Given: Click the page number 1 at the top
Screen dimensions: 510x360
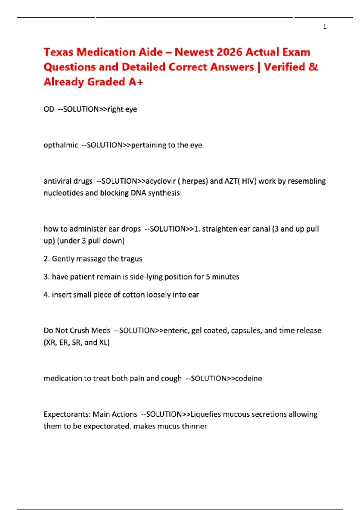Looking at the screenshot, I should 325,27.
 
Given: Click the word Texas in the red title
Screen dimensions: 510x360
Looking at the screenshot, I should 58,52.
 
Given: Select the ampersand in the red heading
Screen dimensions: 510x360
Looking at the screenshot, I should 313,67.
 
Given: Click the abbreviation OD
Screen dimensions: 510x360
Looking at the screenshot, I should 49,109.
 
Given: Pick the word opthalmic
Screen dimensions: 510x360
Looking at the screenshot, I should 61,145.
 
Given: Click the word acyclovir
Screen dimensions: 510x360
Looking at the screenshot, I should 161,181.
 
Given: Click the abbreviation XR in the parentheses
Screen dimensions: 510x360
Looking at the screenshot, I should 51,343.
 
